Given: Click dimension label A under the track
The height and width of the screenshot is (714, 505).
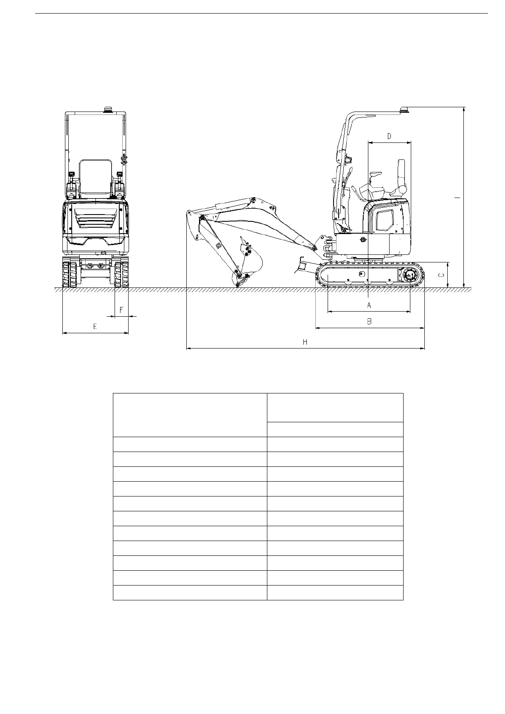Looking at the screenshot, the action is pyautogui.click(x=369, y=305).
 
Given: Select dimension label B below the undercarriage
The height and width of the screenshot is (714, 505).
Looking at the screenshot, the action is pyautogui.click(x=369, y=321).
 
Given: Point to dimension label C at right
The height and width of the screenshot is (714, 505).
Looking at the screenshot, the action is pyautogui.click(x=442, y=275).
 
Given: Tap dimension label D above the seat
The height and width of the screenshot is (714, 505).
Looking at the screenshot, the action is pyautogui.click(x=389, y=137).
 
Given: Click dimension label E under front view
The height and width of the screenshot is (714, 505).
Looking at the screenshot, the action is pyautogui.click(x=95, y=326).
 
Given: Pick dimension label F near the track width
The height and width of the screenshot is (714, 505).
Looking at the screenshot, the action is pyautogui.click(x=121, y=310).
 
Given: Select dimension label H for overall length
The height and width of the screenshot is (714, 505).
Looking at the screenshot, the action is pyautogui.click(x=305, y=342).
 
